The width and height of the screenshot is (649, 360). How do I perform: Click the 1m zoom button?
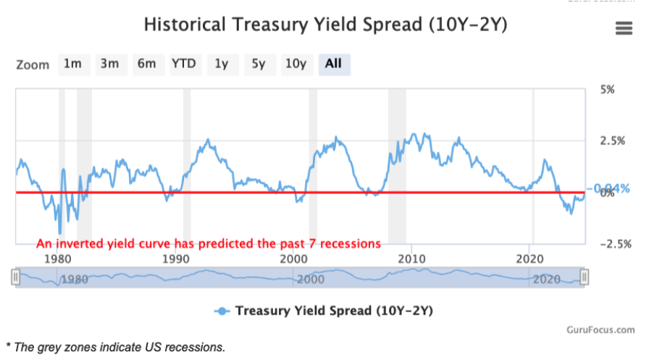point(72,64)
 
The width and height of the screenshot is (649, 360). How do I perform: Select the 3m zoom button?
point(109,64)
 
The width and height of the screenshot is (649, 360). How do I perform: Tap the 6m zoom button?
point(146,64)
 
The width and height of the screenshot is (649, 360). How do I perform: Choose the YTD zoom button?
point(184,64)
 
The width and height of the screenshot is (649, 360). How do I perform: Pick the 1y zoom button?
point(222,64)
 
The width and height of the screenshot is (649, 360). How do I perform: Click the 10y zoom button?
point(295,64)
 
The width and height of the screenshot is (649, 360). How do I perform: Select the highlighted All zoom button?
point(333,64)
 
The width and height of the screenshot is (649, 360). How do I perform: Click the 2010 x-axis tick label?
point(412,259)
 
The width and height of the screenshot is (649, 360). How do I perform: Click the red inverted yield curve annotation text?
point(209,243)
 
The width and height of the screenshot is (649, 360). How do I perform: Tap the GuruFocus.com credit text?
point(606,330)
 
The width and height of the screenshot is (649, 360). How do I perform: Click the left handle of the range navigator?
point(16,277)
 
